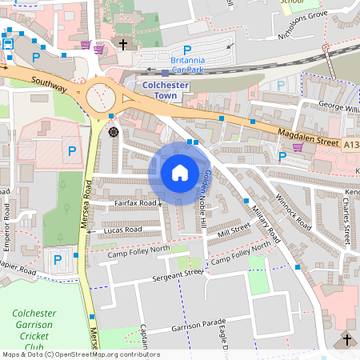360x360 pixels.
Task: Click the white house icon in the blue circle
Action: point(180,172)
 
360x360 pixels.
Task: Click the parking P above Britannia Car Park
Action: point(187,49)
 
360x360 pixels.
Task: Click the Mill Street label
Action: point(234,230)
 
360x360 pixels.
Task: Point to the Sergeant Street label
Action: point(178,275)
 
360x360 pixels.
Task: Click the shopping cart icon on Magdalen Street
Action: point(298,147)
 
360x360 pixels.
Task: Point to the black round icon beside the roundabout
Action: point(113,130)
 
